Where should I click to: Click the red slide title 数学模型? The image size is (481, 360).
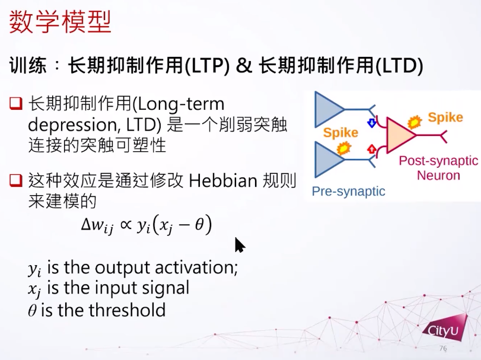pyautogui.click(x=60, y=21)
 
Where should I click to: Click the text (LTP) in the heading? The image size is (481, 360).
pyautogui.click(x=207, y=65)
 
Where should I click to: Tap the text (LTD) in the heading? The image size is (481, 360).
pyautogui.click(x=399, y=65)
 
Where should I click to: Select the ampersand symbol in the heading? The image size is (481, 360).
pyautogui.click(x=244, y=65)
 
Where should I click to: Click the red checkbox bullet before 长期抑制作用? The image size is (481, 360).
pyautogui.click(x=16, y=104)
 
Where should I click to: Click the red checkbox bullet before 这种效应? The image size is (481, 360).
pyautogui.click(x=16, y=180)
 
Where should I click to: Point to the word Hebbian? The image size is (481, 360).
pyautogui.click(x=223, y=180)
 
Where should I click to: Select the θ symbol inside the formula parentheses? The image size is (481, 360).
pyautogui.click(x=199, y=225)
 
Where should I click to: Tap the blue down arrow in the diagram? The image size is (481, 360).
pyautogui.click(x=372, y=123)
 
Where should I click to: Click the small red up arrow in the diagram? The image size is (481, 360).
pyautogui.click(x=372, y=149)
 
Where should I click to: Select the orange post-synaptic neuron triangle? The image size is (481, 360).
pyautogui.click(x=399, y=135)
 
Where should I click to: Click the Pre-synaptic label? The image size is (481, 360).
pyautogui.click(x=349, y=192)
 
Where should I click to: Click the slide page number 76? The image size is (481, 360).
pyautogui.click(x=443, y=348)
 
